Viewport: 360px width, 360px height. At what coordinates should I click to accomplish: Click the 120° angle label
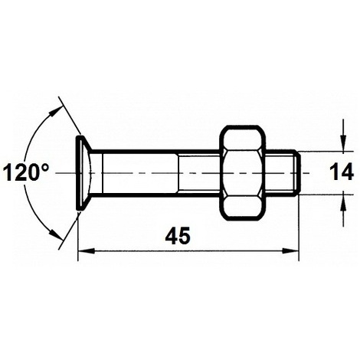click(x=26, y=172)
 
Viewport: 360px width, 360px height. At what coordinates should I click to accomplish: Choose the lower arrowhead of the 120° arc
click(x=55, y=236)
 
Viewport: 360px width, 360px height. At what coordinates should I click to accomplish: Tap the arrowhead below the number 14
click(x=342, y=198)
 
